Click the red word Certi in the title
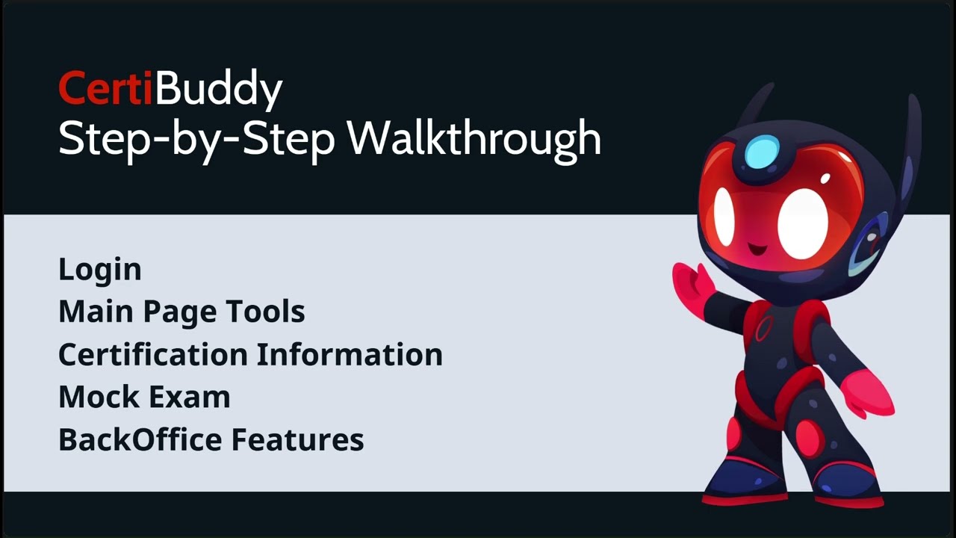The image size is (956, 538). (105, 89)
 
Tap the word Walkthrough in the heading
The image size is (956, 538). (474, 137)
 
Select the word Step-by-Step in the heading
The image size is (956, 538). (196, 139)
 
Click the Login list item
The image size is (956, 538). (99, 270)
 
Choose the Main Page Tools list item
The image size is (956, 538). (181, 312)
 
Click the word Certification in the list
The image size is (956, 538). (153, 354)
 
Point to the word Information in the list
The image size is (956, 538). (350, 354)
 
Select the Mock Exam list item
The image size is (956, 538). (144, 397)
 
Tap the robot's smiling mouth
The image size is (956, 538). (756, 247)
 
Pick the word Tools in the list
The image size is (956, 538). (276, 312)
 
